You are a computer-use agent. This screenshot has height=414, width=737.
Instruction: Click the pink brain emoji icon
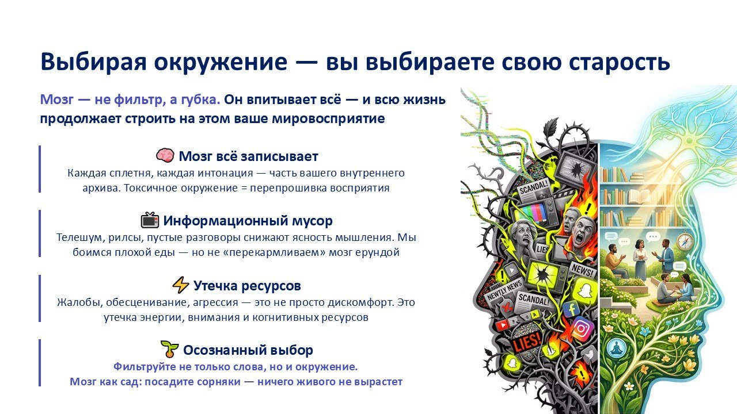point(165,155)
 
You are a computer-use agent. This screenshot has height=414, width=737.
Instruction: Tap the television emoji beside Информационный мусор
point(150,220)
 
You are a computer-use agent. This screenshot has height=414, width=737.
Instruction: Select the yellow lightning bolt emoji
point(181,285)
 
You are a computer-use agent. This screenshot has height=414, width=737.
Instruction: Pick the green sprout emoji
point(170,349)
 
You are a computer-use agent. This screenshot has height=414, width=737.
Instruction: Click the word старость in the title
point(619,62)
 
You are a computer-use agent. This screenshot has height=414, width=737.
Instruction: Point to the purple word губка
point(201,99)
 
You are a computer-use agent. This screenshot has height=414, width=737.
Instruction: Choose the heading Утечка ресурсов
point(247,286)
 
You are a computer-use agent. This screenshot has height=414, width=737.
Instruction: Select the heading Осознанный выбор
point(248,350)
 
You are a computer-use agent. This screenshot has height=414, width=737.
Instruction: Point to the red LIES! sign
point(526,342)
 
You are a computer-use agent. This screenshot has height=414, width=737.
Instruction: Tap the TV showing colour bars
point(535,213)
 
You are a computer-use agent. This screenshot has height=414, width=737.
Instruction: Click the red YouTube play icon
point(502,325)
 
